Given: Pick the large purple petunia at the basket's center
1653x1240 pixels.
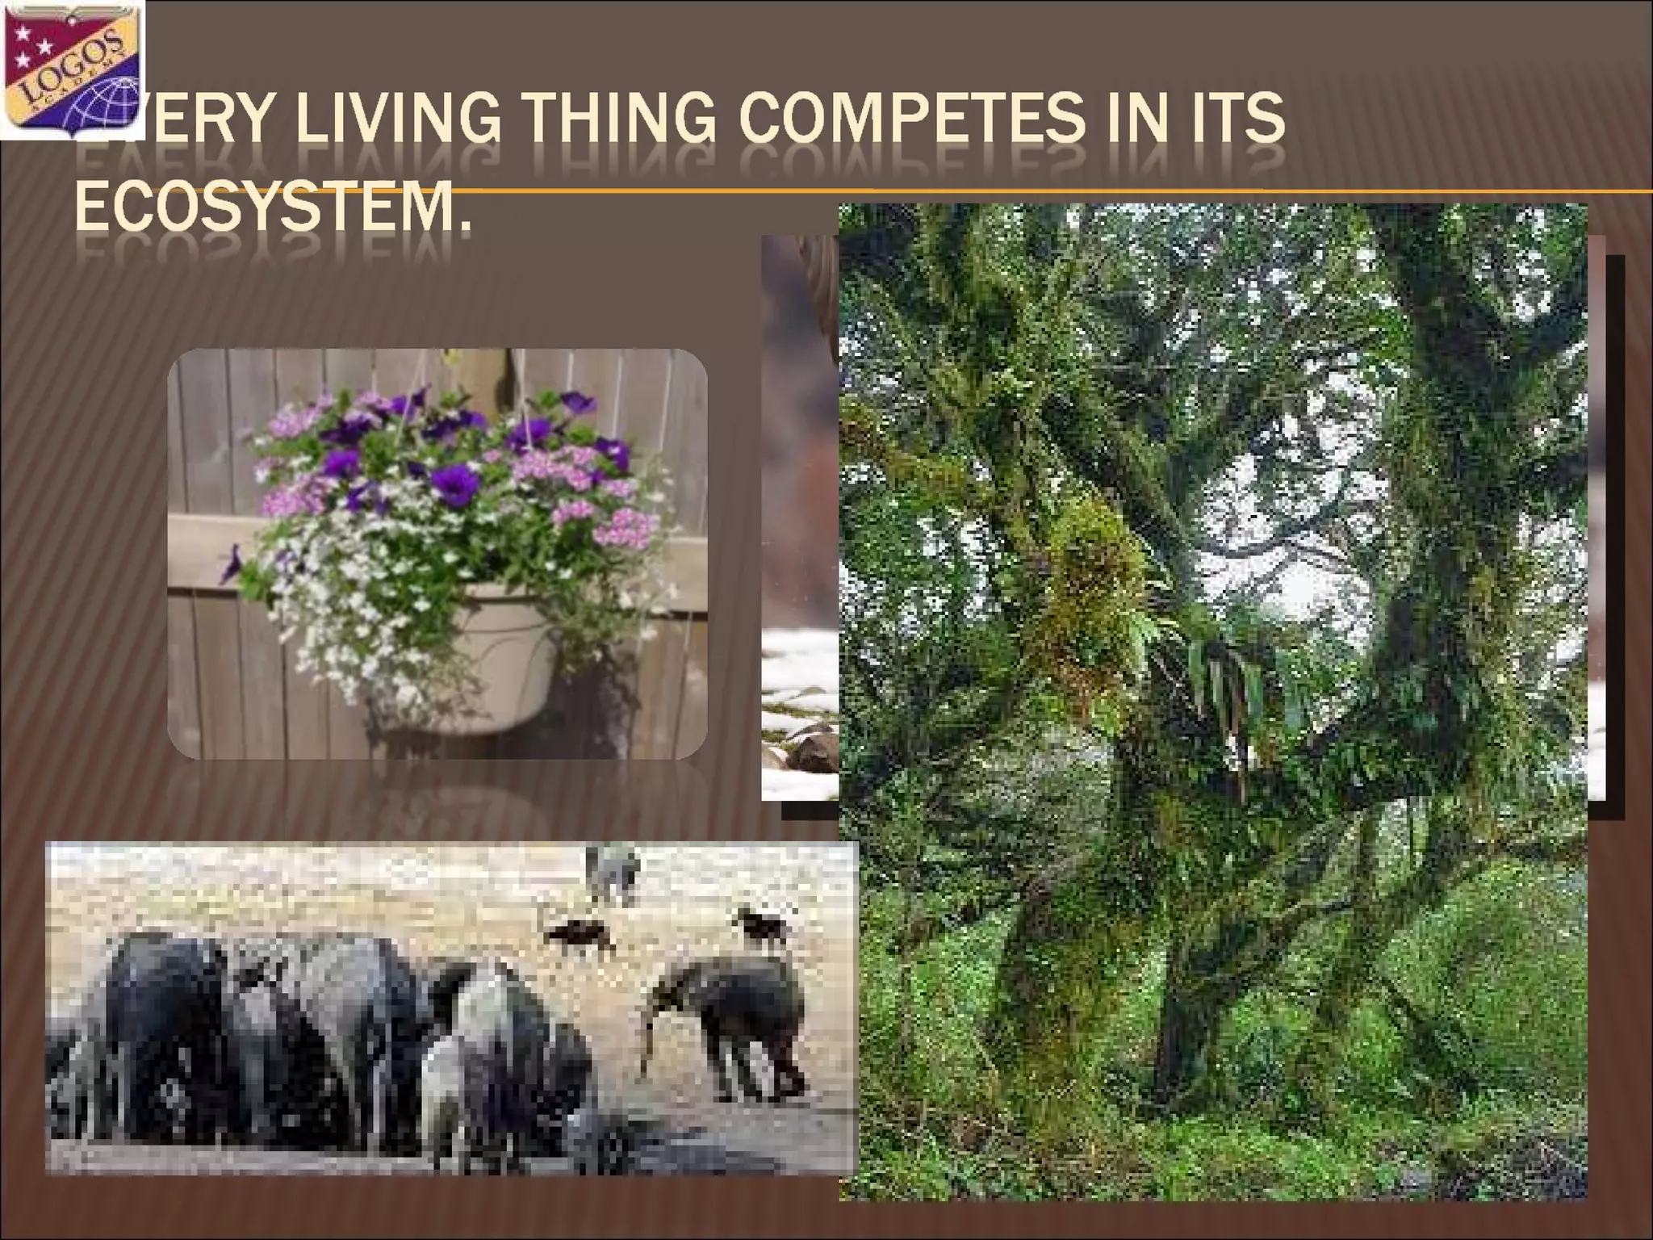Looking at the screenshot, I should pos(454,484).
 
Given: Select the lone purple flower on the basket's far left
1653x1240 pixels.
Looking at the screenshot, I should pos(233,564).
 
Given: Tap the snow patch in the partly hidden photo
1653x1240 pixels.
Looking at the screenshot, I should pos(799,670).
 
